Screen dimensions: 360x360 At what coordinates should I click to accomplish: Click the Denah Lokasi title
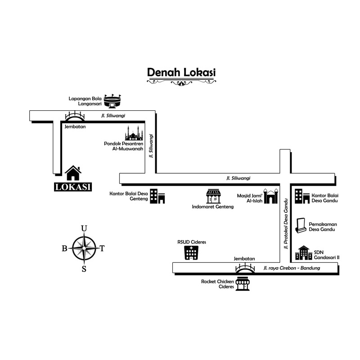pos(181,72)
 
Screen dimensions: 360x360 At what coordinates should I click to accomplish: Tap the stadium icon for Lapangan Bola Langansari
pos(112,101)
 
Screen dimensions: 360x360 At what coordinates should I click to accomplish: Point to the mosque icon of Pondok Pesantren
pos(134,134)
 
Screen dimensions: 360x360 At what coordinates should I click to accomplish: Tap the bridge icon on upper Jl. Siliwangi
pos(75,117)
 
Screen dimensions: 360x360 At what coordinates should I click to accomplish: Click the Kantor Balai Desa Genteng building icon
pos(157,196)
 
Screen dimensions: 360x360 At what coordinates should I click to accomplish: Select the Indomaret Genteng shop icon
pos(213,196)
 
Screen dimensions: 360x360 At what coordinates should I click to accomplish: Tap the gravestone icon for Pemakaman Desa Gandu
pos(301,226)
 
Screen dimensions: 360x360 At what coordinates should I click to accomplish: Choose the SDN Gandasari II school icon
pos(303,253)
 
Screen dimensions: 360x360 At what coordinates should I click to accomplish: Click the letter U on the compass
pos(84,229)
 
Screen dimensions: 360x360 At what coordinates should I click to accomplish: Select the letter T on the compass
pos(102,248)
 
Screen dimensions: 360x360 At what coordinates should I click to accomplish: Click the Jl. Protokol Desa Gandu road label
pos(285,223)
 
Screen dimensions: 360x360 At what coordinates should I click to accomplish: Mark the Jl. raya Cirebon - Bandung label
pos(291,269)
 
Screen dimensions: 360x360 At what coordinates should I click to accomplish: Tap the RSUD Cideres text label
pos(192,242)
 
